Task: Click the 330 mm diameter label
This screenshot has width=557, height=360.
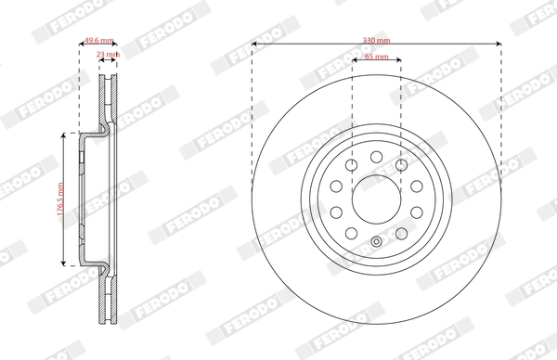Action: (x=377, y=42)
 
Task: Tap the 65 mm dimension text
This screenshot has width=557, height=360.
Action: (x=376, y=58)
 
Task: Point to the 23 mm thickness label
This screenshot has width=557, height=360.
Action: (x=108, y=55)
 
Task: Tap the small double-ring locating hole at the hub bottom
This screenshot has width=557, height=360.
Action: (x=377, y=244)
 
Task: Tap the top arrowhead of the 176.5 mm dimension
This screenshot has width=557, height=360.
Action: (x=63, y=134)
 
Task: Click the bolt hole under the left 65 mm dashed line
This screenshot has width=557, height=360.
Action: (x=352, y=165)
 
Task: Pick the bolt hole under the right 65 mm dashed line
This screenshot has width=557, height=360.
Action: (x=401, y=165)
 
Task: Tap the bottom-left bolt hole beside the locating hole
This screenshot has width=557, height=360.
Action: (x=352, y=232)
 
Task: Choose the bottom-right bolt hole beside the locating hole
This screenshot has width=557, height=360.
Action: (x=401, y=232)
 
